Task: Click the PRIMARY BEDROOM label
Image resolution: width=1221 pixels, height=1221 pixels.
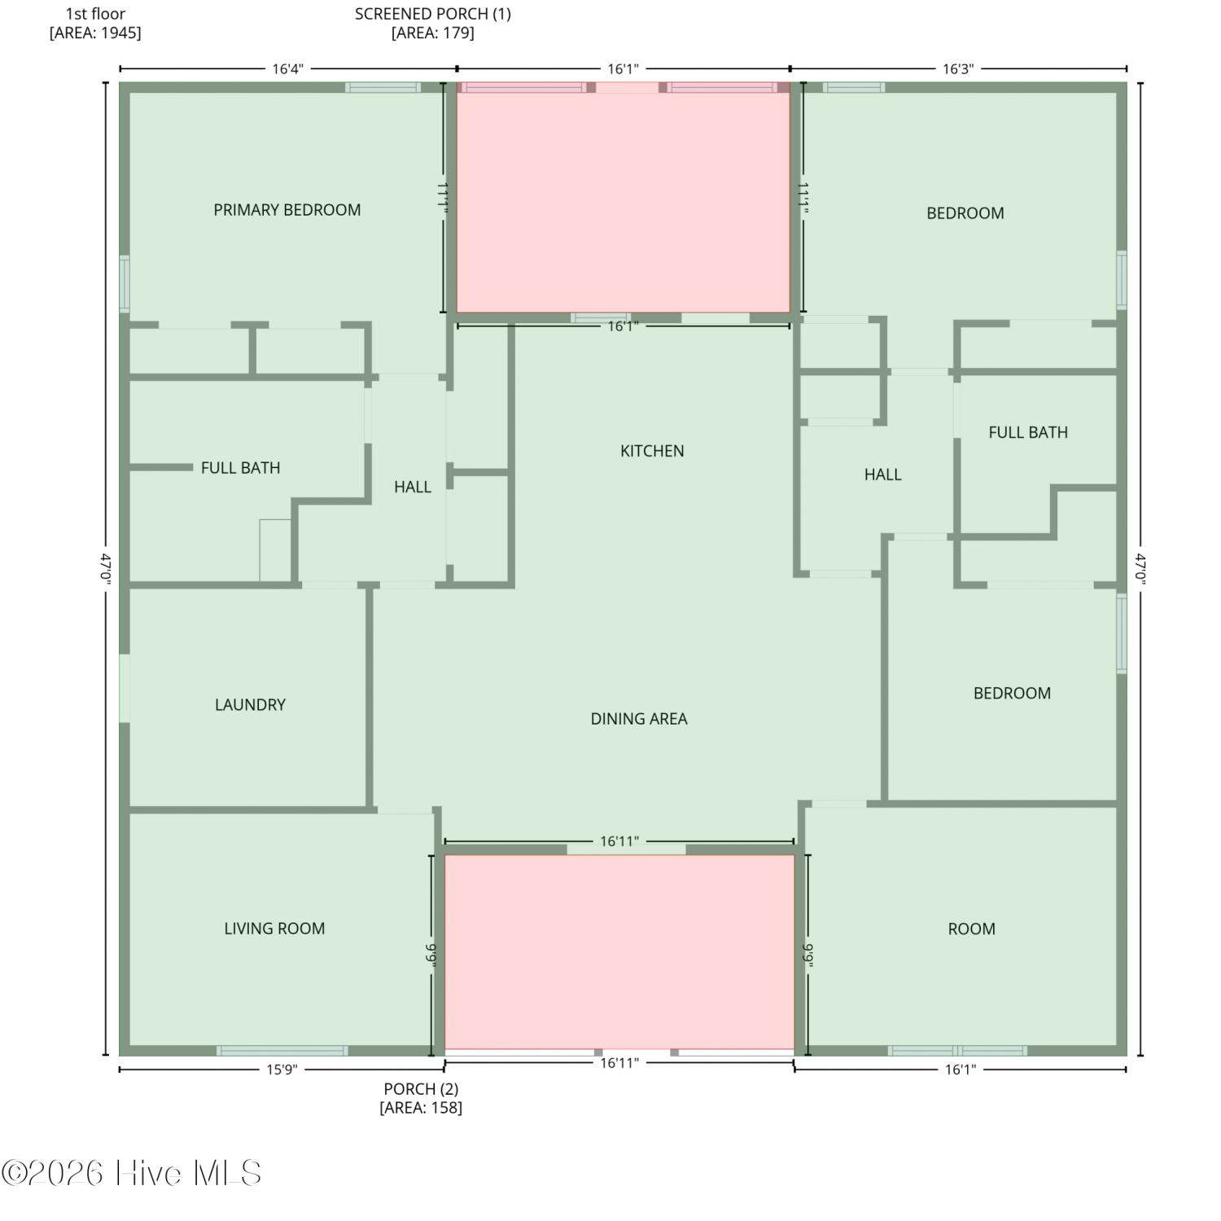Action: pyautogui.click(x=287, y=210)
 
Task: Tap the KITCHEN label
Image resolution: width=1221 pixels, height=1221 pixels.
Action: pyautogui.click(x=652, y=451)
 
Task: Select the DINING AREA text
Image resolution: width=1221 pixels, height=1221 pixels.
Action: pyautogui.click(x=639, y=719)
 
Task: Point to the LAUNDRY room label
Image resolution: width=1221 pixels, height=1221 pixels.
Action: pyautogui.click(x=250, y=705)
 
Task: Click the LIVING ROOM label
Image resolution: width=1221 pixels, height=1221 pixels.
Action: pyautogui.click(x=274, y=929)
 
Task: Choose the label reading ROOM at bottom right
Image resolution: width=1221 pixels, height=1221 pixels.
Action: pyautogui.click(x=971, y=929)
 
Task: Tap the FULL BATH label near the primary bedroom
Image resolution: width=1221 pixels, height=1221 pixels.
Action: pyautogui.click(x=240, y=468)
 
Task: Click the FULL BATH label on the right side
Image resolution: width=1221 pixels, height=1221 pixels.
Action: pyautogui.click(x=1028, y=432)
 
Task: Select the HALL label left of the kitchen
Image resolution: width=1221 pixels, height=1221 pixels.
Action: pyautogui.click(x=413, y=487)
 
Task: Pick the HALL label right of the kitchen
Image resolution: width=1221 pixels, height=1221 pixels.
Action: pyautogui.click(x=882, y=475)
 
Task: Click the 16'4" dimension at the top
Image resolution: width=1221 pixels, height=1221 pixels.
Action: pyautogui.click(x=287, y=69)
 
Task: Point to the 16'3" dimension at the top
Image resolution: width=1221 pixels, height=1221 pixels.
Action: pyautogui.click(x=958, y=69)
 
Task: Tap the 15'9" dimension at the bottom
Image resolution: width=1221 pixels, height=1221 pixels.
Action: pyautogui.click(x=282, y=1070)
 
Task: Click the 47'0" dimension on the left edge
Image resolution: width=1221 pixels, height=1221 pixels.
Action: pyautogui.click(x=106, y=568)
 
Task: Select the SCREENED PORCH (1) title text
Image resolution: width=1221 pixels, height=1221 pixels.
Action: pyautogui.click(x=433, y=14)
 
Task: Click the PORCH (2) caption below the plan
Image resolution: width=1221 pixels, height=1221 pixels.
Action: pyautogui.click(x=421, y=1089)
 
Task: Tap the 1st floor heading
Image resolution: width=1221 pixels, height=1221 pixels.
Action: pyautogui.click(x=95, y=14)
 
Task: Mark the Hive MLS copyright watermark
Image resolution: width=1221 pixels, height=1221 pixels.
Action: pyautogui.click(x=131, y=1173)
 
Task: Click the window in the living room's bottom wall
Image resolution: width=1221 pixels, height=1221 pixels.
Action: pyautogui.click(x=282, y=1051)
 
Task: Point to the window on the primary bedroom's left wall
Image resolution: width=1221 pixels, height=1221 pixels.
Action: pyautogui.click(x=125, y=284)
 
